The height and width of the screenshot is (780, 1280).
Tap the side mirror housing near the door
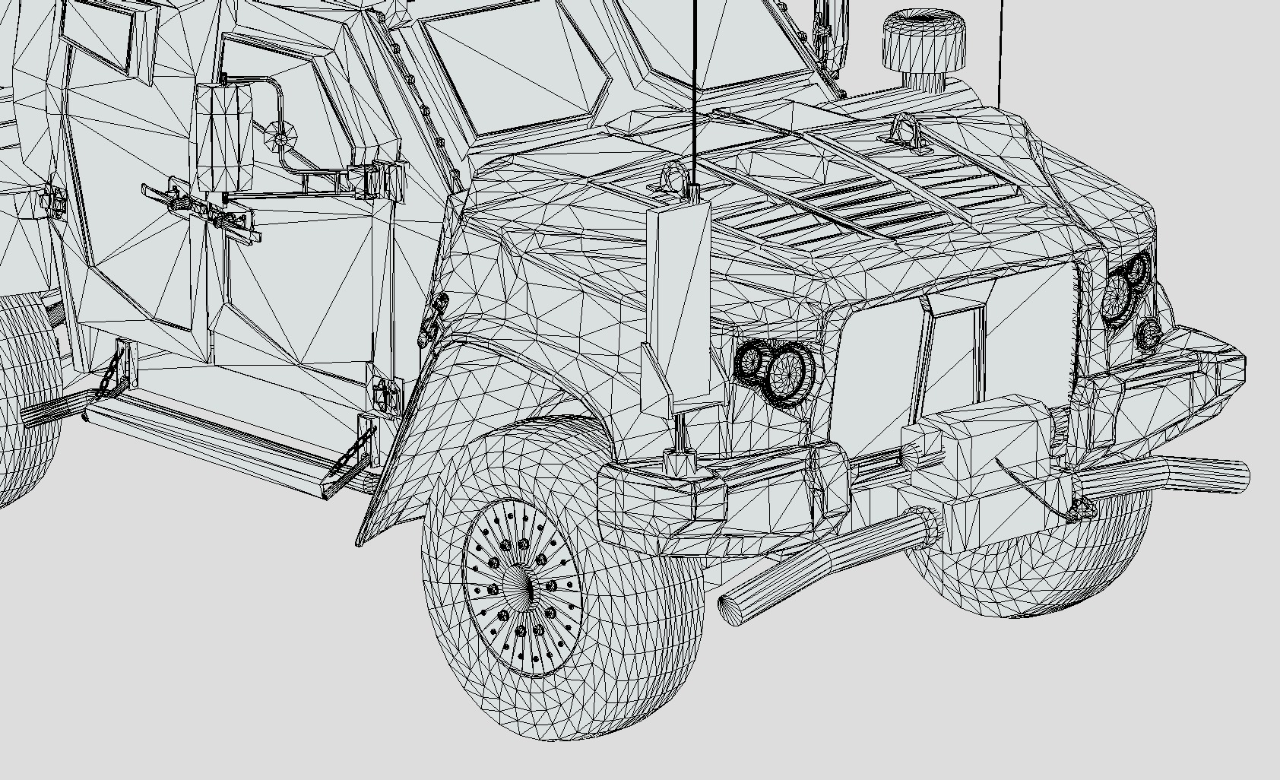coord(223,138)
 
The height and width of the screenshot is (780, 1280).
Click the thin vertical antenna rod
coord(695,91)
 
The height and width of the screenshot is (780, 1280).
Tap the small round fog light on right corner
coord(1149,332)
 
